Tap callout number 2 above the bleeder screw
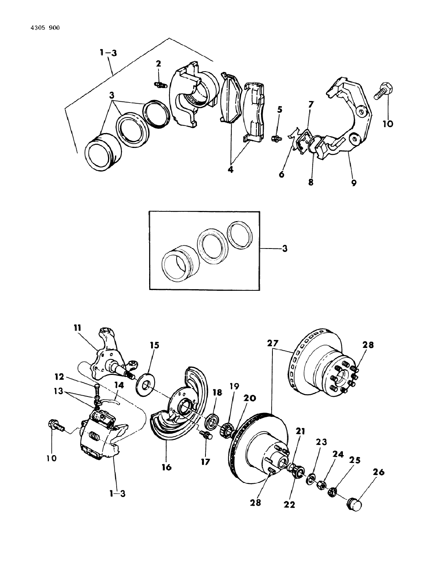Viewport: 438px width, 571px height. (158, 63)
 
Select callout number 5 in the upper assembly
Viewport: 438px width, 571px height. (279, 110)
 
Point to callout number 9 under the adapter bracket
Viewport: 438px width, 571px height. (353, 182)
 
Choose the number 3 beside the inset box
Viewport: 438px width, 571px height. (285, 248)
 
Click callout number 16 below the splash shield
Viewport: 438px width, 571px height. (167, 467)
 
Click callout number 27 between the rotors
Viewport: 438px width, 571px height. (273, 343)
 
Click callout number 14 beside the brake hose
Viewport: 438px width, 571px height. (119, 385)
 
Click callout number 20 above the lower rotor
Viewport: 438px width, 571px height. (250, 398)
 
